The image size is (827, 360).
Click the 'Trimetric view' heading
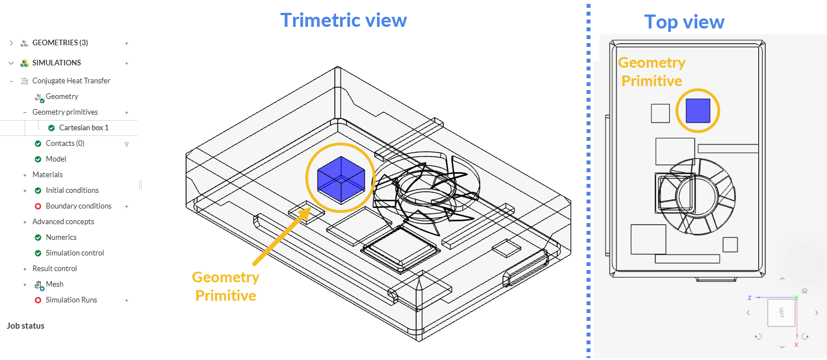pyautogui.click(x=343, y=20)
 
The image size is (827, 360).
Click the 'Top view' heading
pyautogui.click(x=684, y=22)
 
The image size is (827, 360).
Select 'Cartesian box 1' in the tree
pyautogui.click(x=83, y=127)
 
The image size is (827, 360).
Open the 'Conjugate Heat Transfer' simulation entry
pyautogui.click(x=71, y=80)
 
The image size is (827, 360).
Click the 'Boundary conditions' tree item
pyautogui.click(x=78, y=206)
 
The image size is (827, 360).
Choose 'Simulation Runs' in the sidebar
pyautogui.click(x=71, y=300)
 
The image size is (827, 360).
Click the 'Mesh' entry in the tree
pyautogui.click(x=54, y=284)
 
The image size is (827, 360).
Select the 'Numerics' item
pyautogui.click(x=61, y=237)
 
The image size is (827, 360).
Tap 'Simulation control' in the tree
pyautogui.click(x=74, y=253)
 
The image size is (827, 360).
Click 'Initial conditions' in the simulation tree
pyautogui.click(x=72, y=190)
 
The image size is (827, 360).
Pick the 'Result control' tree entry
pyautogui.click(x=54, y=268)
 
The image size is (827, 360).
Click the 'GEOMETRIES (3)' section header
pyautogui.click(x=60, y=42)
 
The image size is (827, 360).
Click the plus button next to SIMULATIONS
pyautogui.click(x=126, y=63)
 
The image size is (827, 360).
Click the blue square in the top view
pyautogui.click(x=698, y=110)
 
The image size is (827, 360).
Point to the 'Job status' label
pyautogui.click(x=25, y=326)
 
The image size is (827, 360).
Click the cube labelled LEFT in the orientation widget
pyautogui.click(x=781, y=312)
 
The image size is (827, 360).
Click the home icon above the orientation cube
pyautogui.click(x=805, y=291)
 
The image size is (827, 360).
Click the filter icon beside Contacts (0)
pyautogui.click(x=126, y=144)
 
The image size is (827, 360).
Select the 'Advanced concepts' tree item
pyautogui.click(x=63, y=221)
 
